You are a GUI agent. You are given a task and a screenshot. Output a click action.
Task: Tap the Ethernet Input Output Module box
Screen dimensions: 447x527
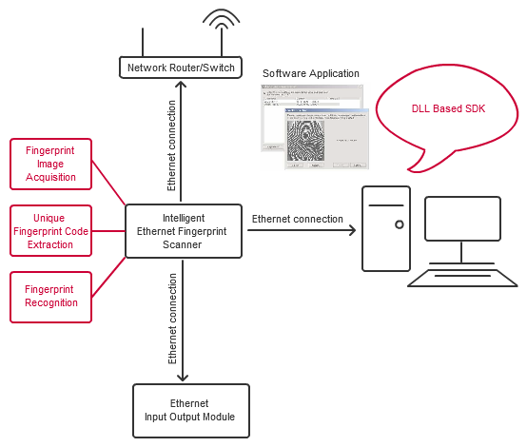coord(190,410)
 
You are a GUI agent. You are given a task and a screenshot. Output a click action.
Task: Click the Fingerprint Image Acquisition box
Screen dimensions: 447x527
coord(50,163)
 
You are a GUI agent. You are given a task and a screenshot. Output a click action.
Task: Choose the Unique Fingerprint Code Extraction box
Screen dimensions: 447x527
coord(50,231)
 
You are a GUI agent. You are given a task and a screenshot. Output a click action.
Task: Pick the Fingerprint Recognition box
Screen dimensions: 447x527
coord(50,295)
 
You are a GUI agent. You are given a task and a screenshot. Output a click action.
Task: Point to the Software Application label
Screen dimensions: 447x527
coord(310,73)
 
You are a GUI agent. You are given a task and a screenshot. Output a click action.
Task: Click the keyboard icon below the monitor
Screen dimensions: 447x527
coord(462,277)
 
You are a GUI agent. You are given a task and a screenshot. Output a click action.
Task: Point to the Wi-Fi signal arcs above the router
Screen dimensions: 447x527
coord(221,22)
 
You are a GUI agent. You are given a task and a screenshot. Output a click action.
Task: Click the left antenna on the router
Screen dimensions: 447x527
coord(143,42)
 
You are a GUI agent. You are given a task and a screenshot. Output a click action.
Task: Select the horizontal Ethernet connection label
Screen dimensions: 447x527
coord(297,219)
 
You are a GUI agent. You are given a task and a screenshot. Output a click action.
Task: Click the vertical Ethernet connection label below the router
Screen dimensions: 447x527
coord(171,142)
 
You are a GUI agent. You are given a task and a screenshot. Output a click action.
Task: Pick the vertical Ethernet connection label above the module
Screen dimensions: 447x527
coord(172,319)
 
